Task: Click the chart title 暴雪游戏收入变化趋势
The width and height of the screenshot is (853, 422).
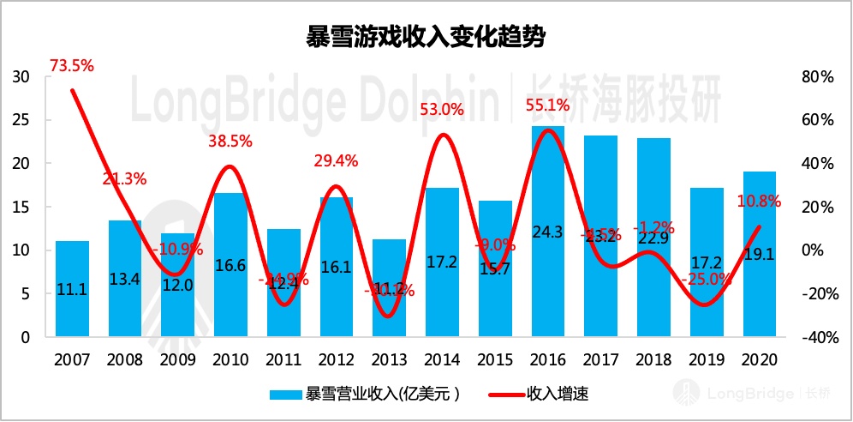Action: click(426, 39)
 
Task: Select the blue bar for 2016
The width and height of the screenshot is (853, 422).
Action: click(547, 232)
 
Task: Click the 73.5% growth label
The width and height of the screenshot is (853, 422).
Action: click(71, 65)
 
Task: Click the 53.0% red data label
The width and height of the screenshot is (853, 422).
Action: click(442, 109)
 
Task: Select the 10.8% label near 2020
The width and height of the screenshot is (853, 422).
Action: click(759, 202)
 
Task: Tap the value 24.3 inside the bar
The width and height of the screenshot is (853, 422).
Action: click(547, 256)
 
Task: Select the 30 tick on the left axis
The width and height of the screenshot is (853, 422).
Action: click(21, 77)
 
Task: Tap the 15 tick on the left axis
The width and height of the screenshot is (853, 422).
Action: click(21, 208)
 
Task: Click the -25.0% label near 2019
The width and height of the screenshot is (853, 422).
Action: click(707, 279)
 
